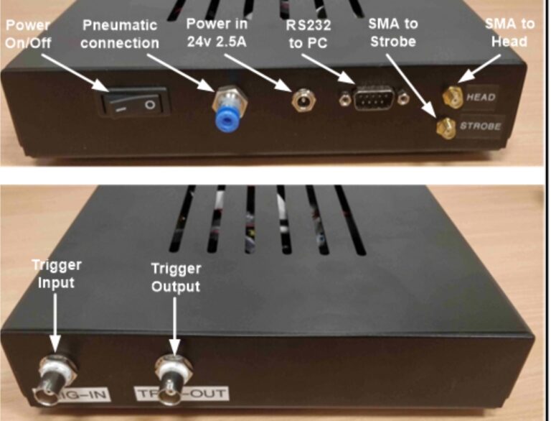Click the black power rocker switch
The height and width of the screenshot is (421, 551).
(x=136, y=104)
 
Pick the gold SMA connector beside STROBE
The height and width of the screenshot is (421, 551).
(x=445, y=128)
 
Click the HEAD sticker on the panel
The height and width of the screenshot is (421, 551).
(x=480, y=96)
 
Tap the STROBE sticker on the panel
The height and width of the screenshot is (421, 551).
(x=480, y=126)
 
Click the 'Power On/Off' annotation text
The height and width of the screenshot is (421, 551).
(x=29, y=32)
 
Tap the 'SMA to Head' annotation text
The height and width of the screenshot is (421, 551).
(x=509, y=32)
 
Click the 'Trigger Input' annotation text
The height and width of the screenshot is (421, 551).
(x=57, y=274)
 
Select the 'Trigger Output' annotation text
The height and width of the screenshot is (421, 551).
(x=175, y=277)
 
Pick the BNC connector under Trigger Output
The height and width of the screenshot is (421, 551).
(x=175, y=374)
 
